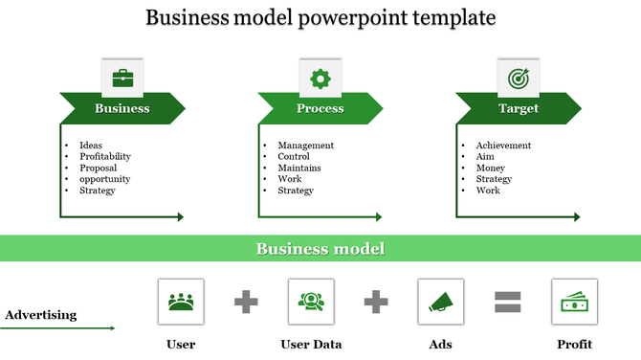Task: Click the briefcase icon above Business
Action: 122,78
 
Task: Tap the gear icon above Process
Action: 320,78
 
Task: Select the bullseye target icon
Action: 518,78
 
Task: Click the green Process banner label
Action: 320,108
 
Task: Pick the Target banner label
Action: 519,108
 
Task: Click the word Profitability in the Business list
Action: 105,156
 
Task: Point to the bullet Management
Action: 305,146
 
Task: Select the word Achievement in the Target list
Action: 503,146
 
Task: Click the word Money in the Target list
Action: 491,168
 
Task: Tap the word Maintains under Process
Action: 299,168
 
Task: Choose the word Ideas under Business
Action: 91,146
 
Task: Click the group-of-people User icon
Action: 181,302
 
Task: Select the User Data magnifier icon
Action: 311,302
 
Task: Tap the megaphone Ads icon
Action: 441,302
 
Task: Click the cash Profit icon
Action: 574,302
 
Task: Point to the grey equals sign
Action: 507,303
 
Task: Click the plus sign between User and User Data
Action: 246,303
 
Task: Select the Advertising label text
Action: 41,314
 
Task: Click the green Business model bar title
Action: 320,249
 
